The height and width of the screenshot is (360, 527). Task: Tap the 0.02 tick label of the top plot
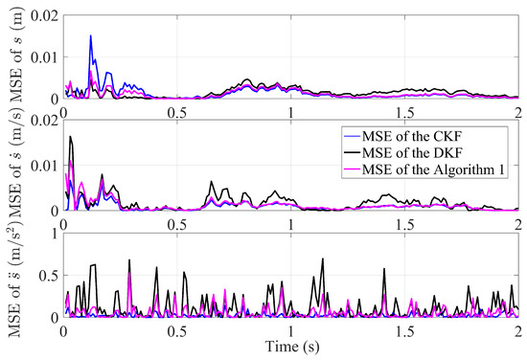43,9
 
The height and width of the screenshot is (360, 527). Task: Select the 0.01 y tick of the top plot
43,54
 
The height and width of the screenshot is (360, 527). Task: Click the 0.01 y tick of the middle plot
43,167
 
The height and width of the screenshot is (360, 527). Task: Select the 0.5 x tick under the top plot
177,111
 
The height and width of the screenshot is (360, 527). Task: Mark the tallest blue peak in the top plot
91,36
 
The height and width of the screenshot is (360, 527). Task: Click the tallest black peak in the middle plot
70,137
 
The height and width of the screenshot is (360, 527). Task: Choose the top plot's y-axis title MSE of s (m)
12,54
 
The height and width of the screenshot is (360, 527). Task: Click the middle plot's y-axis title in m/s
12,162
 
